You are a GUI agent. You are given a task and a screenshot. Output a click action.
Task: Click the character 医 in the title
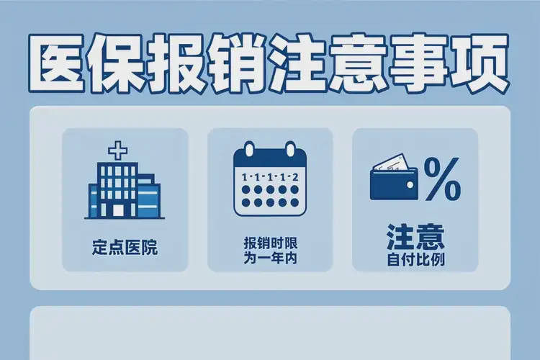(59, 65)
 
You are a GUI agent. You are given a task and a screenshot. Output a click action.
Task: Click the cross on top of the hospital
(115, 151)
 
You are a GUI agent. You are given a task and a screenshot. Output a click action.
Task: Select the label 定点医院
(125, 249)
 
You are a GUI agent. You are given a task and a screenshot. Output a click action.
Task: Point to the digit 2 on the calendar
(295, 176)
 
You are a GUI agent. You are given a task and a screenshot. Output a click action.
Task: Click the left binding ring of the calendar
(249, 150)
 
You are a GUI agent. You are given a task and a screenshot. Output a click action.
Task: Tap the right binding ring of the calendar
(291, 150)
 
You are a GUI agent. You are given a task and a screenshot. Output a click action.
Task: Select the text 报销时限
(270, 243)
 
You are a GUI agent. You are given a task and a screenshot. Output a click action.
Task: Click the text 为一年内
(270, 258)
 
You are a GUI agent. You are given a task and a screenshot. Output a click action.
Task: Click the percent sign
(441, 180)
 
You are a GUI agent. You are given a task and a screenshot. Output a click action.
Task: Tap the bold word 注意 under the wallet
(414, 238)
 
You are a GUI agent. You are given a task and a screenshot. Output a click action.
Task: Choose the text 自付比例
(414, 258)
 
